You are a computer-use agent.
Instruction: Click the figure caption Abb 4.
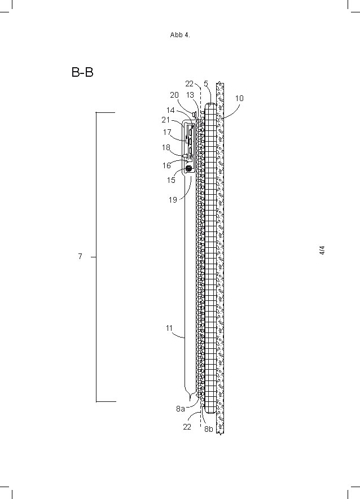coord(180,35)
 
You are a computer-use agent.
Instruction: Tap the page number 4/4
coord(322,251)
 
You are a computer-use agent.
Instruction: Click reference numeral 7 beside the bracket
coord(80,257)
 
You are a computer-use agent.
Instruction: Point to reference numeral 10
coord(239,98)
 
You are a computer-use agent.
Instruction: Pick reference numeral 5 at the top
coord(206,84)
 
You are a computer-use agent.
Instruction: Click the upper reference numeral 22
coord(190,84)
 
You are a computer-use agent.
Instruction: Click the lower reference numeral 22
coord(187,427)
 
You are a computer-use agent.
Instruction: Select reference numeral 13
coord(190,95)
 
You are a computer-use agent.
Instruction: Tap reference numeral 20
coord(174,95)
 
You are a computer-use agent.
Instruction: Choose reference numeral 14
coord(170,111)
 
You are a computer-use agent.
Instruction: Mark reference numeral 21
coord(166,120)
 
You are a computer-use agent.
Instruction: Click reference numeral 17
coord(167,133)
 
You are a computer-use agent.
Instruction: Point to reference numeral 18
coord(166,147)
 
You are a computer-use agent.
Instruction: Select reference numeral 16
coord(167,166)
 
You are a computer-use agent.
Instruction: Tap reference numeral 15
coord(171,181)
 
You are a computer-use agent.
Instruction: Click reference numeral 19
coord(173,199)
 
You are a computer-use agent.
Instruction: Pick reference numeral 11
coord(169,328)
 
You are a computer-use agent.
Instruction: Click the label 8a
coord(180,409)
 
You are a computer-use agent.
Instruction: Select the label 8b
coord(209,429)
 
